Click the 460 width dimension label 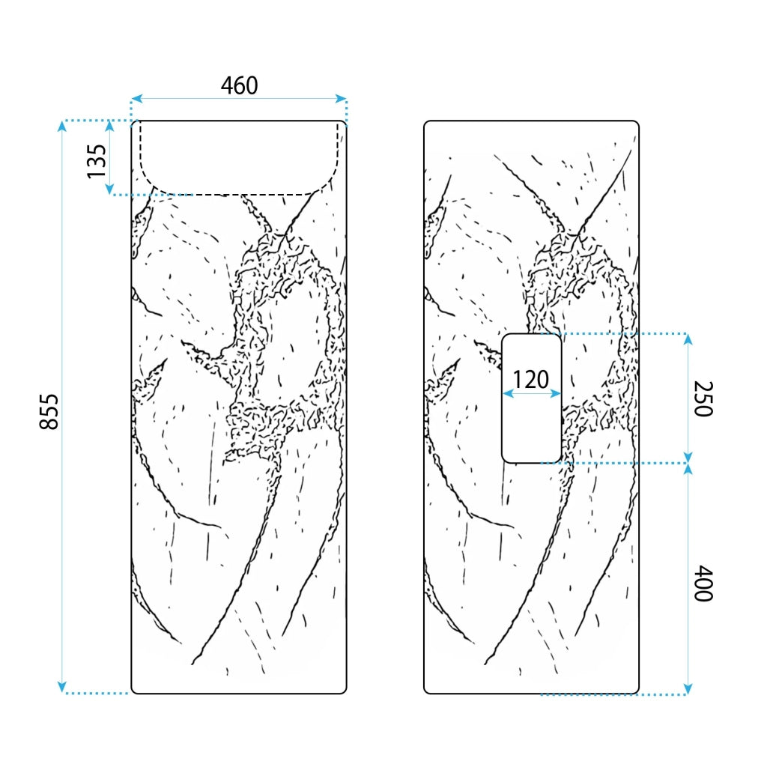pos(239,85)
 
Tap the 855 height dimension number pos(49,412)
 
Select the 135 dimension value pos(97,162)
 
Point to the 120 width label pos(531,380)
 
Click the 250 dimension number pos(703,398)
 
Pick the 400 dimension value pos(703,583)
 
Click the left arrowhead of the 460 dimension pos(137,99)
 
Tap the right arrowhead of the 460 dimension pos(341,99)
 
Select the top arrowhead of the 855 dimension pos(61,126)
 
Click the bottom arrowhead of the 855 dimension pos(61,687)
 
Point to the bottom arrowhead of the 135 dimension pos(109,190)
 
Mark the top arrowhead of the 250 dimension pos(688,339)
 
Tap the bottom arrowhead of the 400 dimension pos(688,688)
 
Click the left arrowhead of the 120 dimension pos(509,393)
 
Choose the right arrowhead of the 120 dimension pos(555,393)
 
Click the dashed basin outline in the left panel pos(239,195)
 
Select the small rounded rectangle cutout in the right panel pos(503,398)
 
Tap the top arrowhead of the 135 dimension pos(109,126)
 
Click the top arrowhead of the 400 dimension pos(688,469)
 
